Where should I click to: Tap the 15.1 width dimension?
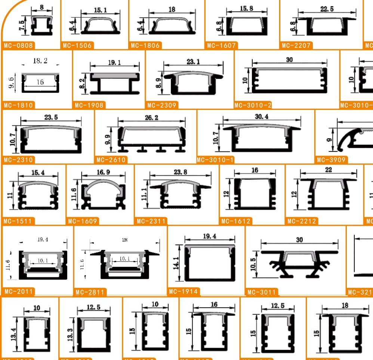(x=100, y=10)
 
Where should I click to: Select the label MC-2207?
(x=297, y=46)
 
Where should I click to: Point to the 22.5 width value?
(x=327, y=9)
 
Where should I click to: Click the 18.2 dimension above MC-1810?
(x=40, y=61)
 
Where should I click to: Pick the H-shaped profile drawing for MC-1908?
(x=114, y=83)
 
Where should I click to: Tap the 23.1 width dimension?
(x=193, y=61)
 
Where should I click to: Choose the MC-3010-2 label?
(x=253, y=105)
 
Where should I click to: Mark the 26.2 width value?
(x=151, y=118)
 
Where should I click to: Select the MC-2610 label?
(x=112, y=160)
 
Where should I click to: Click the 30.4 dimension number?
(x=262, y=117)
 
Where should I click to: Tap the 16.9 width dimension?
(x=103, y=172)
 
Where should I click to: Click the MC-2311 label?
(x=151, y=221)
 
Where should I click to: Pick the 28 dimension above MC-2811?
(x=124, y=240)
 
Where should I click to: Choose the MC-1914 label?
(x=184, y=291)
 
